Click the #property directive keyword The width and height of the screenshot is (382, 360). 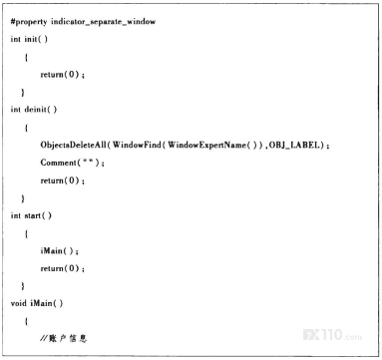pyautogui.click(x=29, y=22)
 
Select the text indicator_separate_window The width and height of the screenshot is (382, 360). pyautogui.click(x=103, y=22)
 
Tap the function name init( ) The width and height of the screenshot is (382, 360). pyautogui.click(x=36, y=39)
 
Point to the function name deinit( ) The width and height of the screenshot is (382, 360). pyautogui.click(x=41, y=110)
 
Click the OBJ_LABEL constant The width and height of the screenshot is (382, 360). pyautogui.click(x=295, y=145)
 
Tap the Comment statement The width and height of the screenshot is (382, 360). pyautogui.click(x=72, y=163)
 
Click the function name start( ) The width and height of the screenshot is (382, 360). pyautogui.click(x=38, y=215)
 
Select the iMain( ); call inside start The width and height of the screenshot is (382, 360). pyautogui.click(x=59, y=250)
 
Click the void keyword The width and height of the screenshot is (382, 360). pyautogui.click(x=18, y=303)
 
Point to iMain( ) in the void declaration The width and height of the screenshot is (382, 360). pyautogui.click(x=47, y=303)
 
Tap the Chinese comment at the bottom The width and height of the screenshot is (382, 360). pyautogui.click(x=64, y=339)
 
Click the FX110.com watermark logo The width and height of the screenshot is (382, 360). pyautogui.click(x=332, y=334)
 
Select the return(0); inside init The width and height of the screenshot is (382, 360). pyautogui.click(x=62, y=75)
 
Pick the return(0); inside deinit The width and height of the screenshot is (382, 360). pyautogui.click(x=62, y=180)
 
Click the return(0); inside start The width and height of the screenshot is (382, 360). pyautogui.click(x=62, y=268)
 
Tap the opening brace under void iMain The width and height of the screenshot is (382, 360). pyautogui.click(x=26, y=321)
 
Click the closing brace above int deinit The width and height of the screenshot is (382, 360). pyautogui.click(x=23, y=92)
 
